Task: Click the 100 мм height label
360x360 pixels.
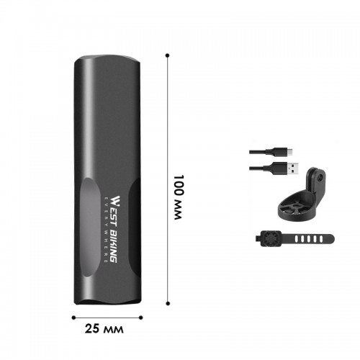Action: pyautogui.click(x=179, y=197)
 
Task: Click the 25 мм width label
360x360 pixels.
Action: pyautogui.click(x=104, y=329)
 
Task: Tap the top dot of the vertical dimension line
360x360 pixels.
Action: pyautogui.click(x=168, y=55)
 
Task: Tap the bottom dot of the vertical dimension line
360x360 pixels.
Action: pyautogui.click(x=168, y=303)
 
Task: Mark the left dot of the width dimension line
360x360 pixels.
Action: pyautogui.click(x=73, y=318)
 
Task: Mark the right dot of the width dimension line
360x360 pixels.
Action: pyautogui.click(x=141, y=318)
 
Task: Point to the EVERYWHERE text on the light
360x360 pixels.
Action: pyautogui.click(x=106, y=229)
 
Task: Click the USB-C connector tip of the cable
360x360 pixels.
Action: pyautogui.click(x=290, y=152)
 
